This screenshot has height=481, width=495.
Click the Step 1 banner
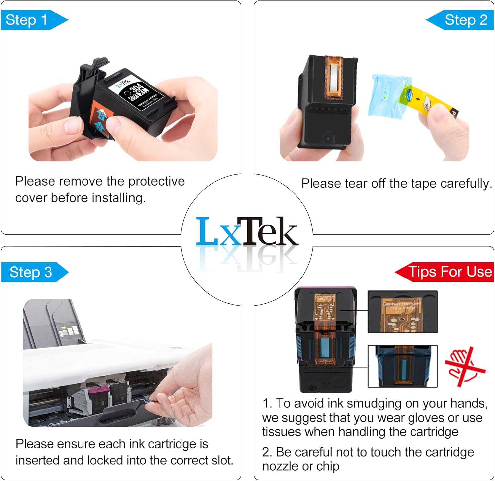30,20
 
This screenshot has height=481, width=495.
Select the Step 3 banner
31,272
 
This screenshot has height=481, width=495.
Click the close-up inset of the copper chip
402,312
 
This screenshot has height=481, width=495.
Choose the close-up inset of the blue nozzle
402,366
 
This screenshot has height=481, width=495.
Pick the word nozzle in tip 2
282,466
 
